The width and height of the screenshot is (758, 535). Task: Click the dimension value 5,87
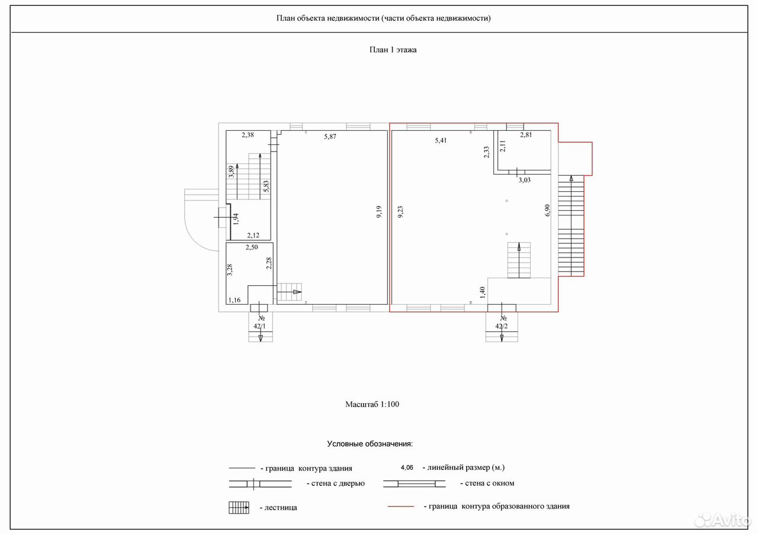(330, 137)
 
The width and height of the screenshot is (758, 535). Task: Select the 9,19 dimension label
(379, 212)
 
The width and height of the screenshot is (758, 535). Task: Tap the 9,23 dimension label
(400, 212)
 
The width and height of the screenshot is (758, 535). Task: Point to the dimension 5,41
(441, 140)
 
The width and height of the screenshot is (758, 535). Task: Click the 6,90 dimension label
(548, 210)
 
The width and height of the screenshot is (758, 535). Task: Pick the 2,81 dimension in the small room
(526, 134)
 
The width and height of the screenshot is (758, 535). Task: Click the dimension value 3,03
(525, 180)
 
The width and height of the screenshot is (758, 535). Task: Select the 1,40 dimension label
(483, 292)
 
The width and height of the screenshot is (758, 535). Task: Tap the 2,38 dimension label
(248, 134)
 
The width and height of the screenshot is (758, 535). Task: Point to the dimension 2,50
(252, 247)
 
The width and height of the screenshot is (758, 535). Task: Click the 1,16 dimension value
(234, 300)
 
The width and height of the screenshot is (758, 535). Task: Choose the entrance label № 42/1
(260, 323)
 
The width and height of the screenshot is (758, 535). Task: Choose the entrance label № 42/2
(502, 323)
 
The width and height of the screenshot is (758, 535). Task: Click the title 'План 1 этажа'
(393, 50)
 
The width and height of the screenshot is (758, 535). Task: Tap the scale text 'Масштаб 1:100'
(372, 404)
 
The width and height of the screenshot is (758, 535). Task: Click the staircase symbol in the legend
(239, 508)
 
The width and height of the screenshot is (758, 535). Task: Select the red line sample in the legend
(401, 507)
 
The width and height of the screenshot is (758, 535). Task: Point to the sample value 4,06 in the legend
(407, 468)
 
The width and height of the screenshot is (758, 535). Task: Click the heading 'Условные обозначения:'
(370, 444)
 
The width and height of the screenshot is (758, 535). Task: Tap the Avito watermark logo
(721, 520)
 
